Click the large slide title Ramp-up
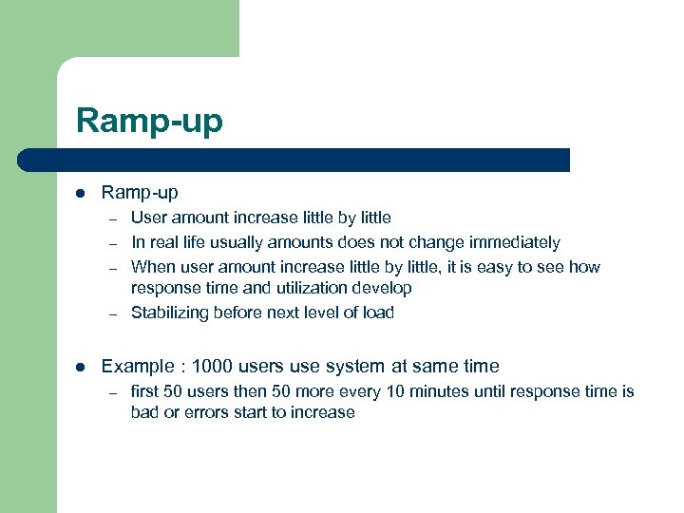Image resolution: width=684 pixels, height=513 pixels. tap(149, 122)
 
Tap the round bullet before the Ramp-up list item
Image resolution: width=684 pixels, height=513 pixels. tap(82, 193)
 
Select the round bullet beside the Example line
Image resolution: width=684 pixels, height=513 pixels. tap(82, 366)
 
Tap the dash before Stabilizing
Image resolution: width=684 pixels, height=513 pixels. tap(111, 313)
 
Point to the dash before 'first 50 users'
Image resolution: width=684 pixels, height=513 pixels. tap(111, 392)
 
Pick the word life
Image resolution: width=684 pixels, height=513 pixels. tap(200, 242)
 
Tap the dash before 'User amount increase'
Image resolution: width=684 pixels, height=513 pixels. tap(111, 218)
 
